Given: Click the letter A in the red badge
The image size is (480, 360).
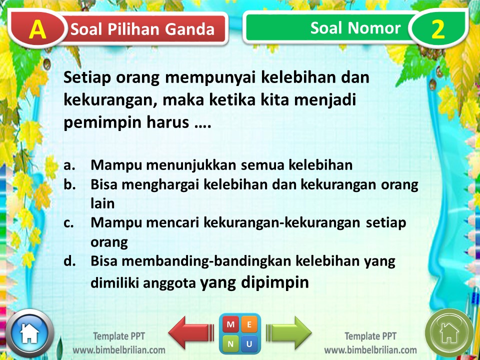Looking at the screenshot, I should pos(37,29).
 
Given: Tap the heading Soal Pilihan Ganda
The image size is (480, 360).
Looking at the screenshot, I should pos(142,29).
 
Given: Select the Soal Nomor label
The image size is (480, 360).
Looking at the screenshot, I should pos(355,28).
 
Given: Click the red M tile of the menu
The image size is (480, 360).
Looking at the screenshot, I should pos(230,324).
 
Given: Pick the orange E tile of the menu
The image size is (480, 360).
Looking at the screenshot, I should pos(249,324).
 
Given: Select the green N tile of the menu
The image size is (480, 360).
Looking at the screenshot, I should pos(230,343).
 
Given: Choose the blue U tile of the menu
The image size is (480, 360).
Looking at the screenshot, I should pos(249,343).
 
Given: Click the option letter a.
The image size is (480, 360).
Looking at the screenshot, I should pos(69,165).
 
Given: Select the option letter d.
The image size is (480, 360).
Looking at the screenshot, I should pos(69,261).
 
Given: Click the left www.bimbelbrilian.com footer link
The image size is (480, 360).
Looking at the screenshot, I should pos(119,349).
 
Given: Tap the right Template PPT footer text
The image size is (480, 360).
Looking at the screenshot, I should pos(370,335).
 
